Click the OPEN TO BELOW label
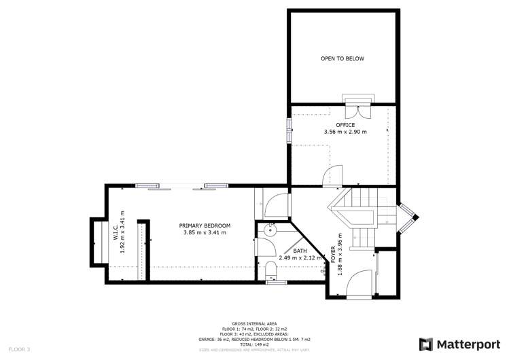[x=343, y=58]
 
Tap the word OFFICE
[x=345, y=124]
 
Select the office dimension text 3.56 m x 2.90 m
[x=345, y=132]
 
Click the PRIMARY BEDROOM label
[x=205, y=226]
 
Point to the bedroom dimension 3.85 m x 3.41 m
[x=205, y=233]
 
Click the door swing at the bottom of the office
[x=331, y=177]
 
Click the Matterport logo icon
[x=426, y=344]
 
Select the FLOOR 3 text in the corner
[x=19, y=349]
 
